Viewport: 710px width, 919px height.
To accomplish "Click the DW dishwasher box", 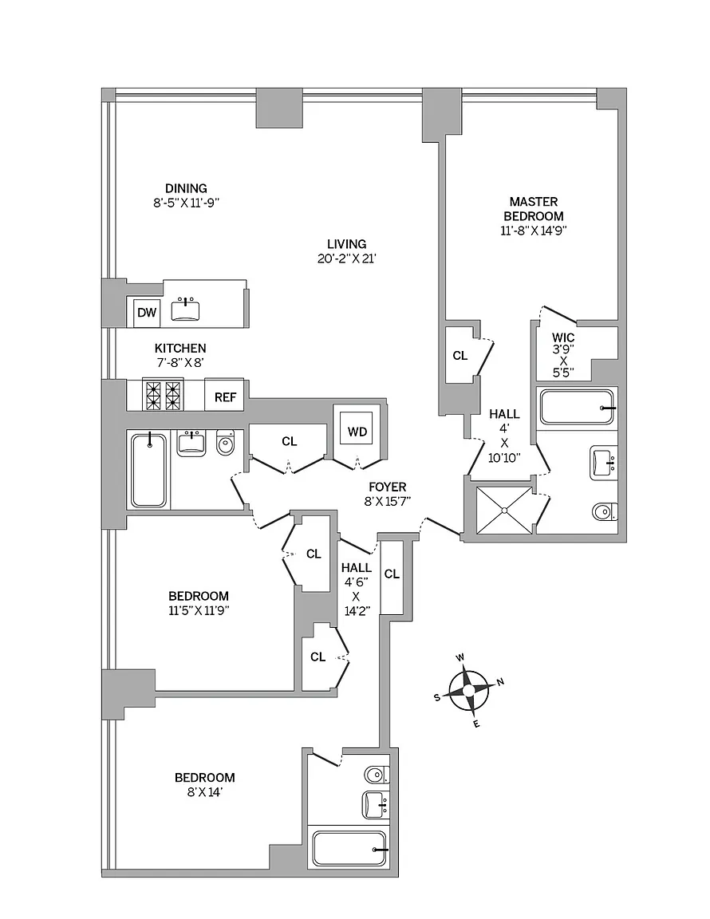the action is click(147, 313).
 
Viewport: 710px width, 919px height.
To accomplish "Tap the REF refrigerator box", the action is click(224, 396).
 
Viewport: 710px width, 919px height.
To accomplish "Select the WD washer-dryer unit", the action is click(357, 432).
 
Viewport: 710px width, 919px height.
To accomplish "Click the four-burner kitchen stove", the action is click(164, 396).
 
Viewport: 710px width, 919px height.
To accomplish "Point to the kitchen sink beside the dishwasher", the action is click(186, 310).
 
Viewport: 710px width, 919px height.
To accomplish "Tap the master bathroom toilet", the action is click(605, 511).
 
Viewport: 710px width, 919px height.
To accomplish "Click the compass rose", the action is click(469, 691).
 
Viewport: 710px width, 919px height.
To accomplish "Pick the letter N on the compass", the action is click(501, 681).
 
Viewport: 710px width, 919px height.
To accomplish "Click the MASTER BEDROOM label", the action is click(534, 209).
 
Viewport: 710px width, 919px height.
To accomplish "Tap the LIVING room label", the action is click(346, 244).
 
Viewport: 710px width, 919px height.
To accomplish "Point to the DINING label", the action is click(186, 188).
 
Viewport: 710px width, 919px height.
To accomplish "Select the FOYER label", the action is click(388, 487).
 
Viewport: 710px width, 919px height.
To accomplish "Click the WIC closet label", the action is click(563, 337).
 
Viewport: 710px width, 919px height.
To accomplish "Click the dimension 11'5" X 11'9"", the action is click(198, 610).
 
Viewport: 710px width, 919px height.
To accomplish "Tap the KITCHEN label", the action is click(180, 348).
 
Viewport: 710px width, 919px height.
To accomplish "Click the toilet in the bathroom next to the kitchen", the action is click(225, 444).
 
